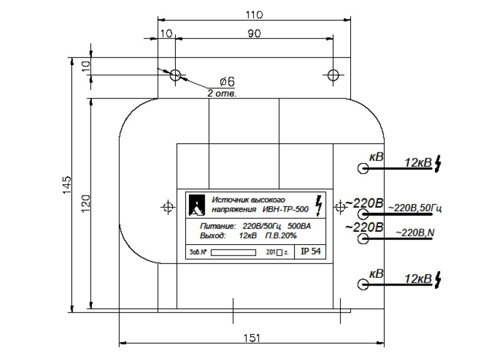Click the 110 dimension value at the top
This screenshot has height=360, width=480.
[x=254, y=14]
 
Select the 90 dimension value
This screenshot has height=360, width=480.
[x=254, y=33]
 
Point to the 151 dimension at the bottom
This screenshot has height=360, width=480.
[x=252, y=338]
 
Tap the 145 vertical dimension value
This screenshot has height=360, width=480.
[x=67, y=185]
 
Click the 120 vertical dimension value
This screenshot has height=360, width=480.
[x=86, y=203]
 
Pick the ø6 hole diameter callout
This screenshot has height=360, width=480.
[x=227, y=82]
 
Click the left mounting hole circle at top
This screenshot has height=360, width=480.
[x=175, y=74]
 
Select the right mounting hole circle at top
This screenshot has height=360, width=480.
[x=333, y=74]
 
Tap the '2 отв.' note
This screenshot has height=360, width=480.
[x=222, y=94]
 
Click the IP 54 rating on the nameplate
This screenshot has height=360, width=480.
[x=310, y=251]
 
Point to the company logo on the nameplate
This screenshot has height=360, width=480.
[x=197, y=205]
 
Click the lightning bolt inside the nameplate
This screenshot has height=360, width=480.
[x=319, y=205]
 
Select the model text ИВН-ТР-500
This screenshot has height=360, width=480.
[x=286, y=209]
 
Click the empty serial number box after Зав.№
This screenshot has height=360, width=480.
[x=233, y=253]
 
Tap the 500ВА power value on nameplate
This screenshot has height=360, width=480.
[x=299, y=226]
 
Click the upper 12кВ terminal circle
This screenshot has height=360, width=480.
[x=363, y=168]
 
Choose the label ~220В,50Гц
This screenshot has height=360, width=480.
[x=415, y=208]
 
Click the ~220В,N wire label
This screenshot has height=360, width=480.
[x=415, y=233]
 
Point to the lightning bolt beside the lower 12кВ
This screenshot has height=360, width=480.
[x=438, y=279]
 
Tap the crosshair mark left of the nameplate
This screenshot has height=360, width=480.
[x=168, y=208]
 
